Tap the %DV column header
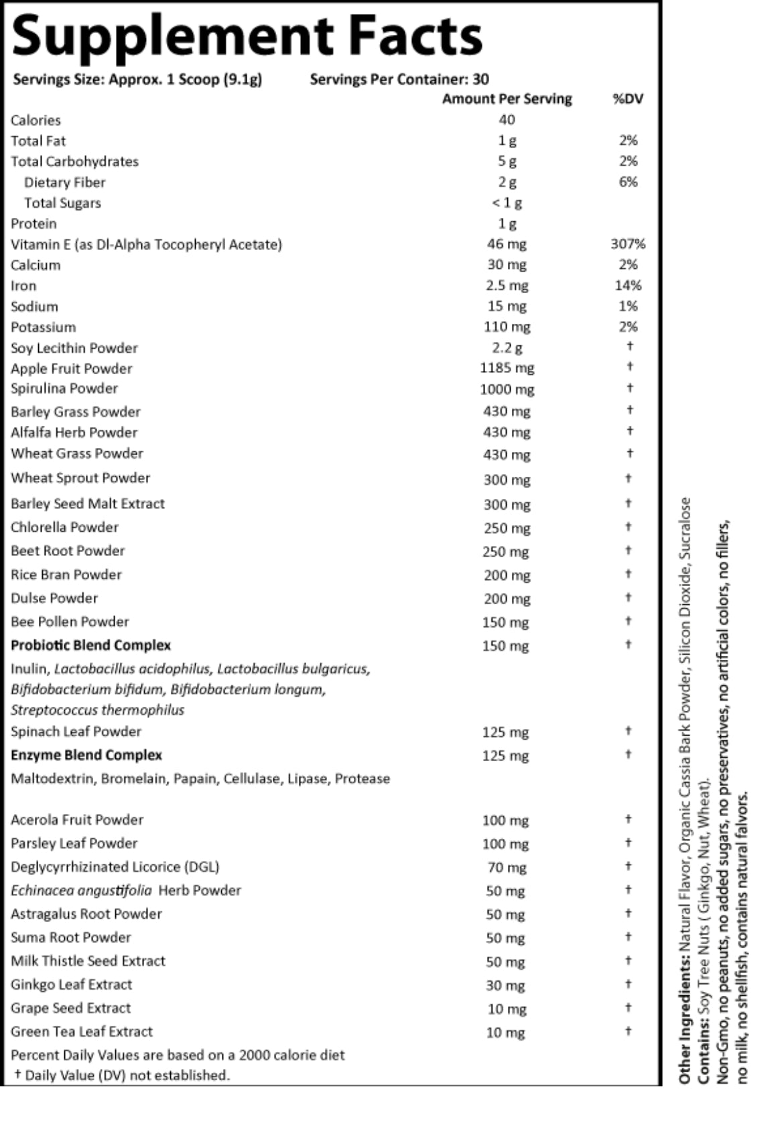pos(628,99)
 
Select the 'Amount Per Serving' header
pos(507,99)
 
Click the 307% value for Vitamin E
pos(628,244)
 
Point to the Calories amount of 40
pos(507,120)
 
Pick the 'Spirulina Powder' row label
pos(64,389)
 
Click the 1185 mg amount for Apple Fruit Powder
pos(507,368)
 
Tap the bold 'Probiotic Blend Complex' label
pos(91,645)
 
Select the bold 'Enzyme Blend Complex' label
pos(86,755)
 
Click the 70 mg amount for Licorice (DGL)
pos(507,868)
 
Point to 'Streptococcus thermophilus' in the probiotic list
pos(98,710)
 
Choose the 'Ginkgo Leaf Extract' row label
pos(72,984)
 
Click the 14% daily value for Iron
pos(628,286)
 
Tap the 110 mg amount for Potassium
pos(507,327)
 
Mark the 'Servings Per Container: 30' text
pos(399,80)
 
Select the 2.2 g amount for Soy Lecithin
pos(507,348)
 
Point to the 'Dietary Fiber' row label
pos(65,182)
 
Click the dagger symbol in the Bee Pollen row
pos(629,621)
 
